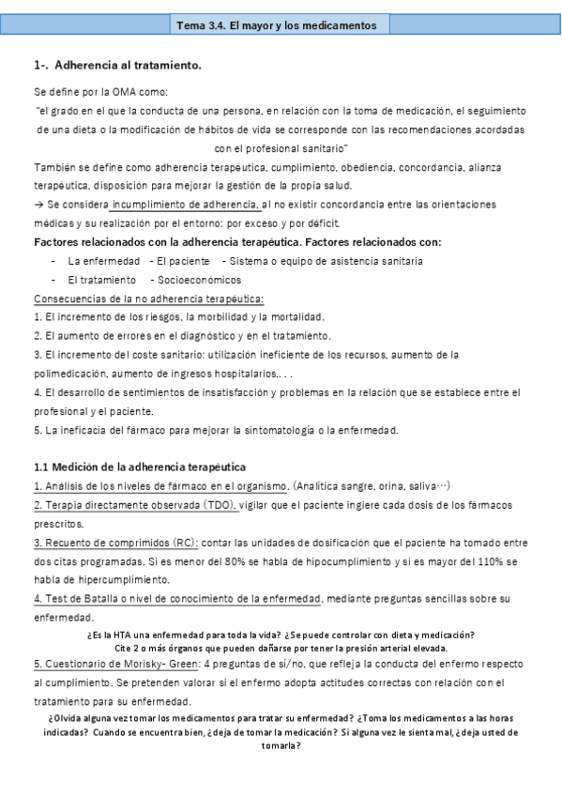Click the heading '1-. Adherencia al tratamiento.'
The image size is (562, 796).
coord(117,66)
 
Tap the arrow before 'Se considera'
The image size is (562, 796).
coord(38,205)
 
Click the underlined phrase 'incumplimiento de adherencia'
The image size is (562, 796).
coord(187,205)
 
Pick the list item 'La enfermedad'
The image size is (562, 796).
coord(104,261)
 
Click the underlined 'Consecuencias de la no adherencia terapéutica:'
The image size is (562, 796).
coord(149,298)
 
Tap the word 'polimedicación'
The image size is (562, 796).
coord(71,374)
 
